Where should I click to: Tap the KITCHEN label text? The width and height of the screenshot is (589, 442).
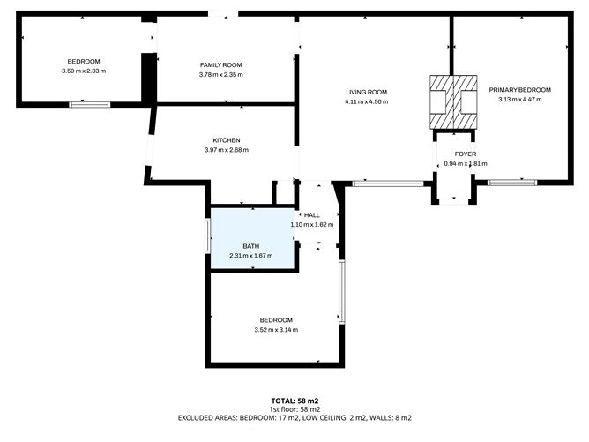tap(227, 140)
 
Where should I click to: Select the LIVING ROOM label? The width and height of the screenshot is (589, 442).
tap(366, 92)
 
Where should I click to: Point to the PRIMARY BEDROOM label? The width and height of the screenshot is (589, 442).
tap(520, 90)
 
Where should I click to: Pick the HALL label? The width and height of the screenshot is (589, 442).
tap(312, 215)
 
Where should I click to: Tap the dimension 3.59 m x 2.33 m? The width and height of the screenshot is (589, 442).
tap(84, 71)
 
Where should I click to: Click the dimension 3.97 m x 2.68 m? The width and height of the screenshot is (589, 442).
tap(227, 150)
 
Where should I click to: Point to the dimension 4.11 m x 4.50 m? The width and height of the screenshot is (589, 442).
tap(366, 101)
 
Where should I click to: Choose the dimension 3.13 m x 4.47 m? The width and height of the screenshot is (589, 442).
tap(520, 100)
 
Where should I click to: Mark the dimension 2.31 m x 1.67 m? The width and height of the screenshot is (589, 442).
tap(251, 256)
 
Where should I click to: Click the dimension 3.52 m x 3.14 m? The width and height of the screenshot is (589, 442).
tap(276, 330)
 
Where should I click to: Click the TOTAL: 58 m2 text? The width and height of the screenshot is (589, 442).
tap(294, 401)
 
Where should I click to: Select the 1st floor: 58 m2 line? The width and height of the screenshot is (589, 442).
tap(294, 409)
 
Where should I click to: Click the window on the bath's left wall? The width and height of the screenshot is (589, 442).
tap(208, 236)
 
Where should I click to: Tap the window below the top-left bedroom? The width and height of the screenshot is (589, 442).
tap(90, 105)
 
